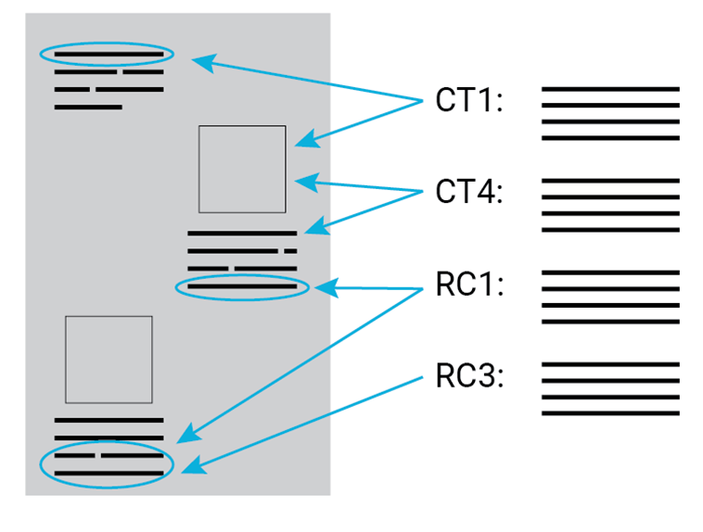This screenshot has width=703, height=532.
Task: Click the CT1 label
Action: pos(468,101)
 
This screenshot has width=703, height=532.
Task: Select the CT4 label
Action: pos(468,193)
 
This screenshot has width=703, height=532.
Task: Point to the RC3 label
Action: pos(468,377)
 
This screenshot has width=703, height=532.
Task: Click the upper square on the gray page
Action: pos(242,169)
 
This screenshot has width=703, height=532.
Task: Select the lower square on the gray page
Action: pos(109,360)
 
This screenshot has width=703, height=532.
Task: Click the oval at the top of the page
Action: pos(106,54)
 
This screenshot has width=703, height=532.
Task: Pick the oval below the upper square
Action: pos(242,287)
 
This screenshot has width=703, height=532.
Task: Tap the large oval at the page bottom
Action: pos(107,464)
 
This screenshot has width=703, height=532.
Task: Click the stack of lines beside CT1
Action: pos(610,114)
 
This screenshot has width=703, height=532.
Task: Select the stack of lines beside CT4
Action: pos(610,205)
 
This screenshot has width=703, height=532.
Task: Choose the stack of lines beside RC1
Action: pos(610,297)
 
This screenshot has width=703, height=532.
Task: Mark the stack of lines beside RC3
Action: pos(610,388)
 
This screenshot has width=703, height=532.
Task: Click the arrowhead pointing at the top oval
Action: pos(200,62)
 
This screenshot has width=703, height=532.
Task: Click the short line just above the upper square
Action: pos(88,108)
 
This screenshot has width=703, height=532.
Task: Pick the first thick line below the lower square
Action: pos(109,421)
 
